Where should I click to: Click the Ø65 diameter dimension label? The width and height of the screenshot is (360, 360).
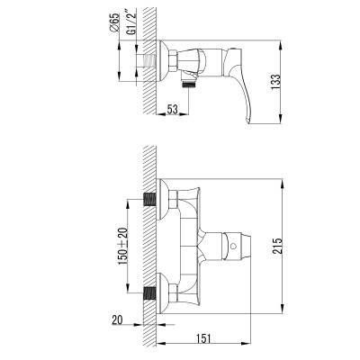[x=115, y=22]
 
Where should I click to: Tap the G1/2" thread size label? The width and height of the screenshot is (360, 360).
[x=132, y=23]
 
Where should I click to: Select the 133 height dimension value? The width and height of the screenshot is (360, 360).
[x=275, y=82]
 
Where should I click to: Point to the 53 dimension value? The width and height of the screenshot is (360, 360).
[x=172, y=109]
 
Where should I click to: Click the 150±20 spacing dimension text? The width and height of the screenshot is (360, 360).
[x=122, y=247]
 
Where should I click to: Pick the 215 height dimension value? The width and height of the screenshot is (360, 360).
[x=277, y=246]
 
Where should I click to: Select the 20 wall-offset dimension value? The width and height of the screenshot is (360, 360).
[x=117, y=320]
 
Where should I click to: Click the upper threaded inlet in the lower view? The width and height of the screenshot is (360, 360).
[x=149, y=199]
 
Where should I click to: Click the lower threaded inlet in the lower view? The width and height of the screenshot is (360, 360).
[x=149, y=293]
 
